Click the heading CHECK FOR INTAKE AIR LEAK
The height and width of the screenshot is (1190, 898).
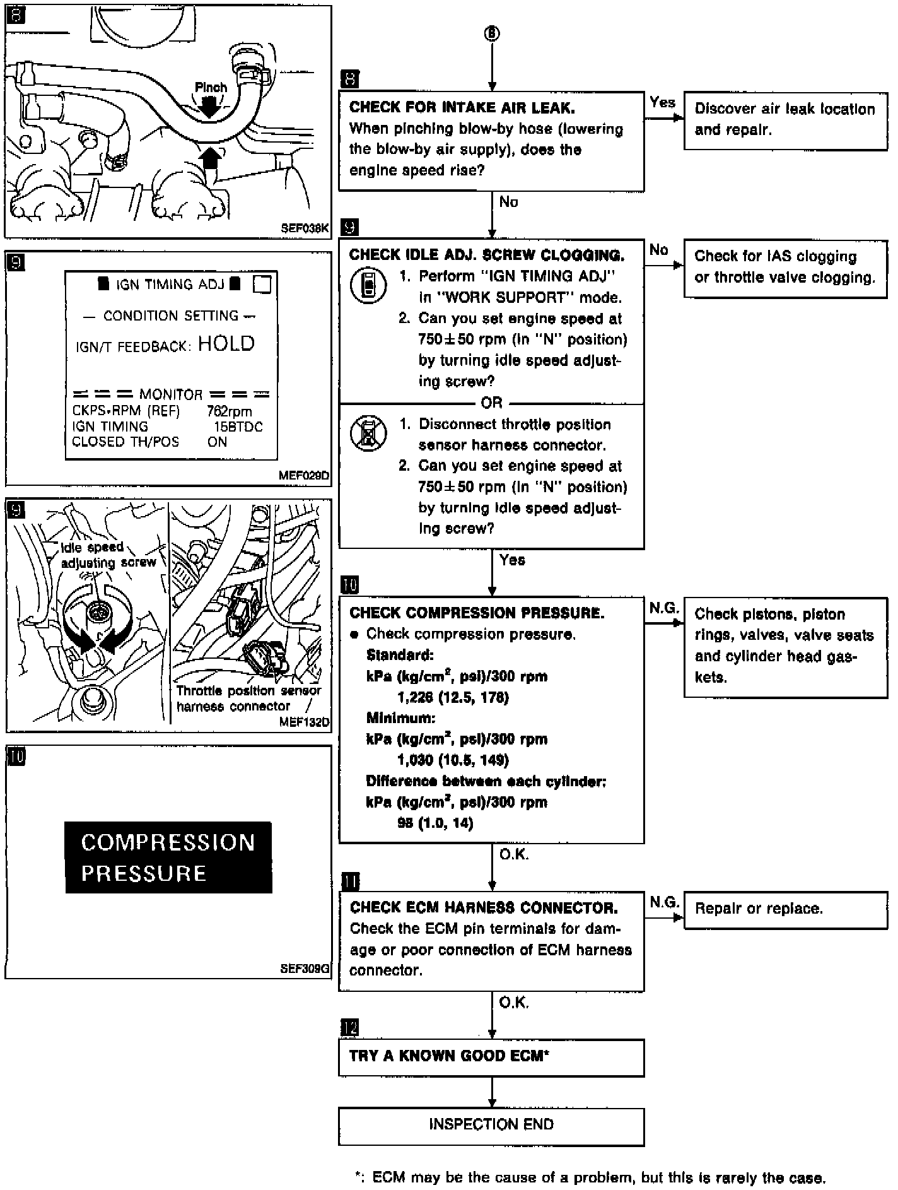[x=462, y=107]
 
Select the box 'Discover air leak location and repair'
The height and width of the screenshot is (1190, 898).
[x=785, y=119]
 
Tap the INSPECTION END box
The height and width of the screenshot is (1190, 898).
[x=491, y=1124]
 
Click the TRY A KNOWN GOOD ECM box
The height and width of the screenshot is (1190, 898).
[x=491, y=1056]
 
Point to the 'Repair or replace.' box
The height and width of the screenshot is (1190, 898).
[x=785, y=909]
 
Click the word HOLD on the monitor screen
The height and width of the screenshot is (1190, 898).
[x=226, y=344]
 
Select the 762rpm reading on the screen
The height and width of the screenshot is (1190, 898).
[x=229, y=411]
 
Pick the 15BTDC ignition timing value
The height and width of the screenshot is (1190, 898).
[x=238, y=427]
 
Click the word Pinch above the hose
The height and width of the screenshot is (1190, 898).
[x=211, y=88]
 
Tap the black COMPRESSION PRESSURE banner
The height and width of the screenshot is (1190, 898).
[x=168, y=857]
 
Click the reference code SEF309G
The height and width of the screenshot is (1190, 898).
[x=305, y=969]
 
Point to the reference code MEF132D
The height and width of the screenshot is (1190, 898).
[x=304, y=722]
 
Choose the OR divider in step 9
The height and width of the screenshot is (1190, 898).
[x=491, y=403]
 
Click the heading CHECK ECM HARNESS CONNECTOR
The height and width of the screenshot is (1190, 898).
[x=484, y=908]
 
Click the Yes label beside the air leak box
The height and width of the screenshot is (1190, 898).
[x=662, y=102]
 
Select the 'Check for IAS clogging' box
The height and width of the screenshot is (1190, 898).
[x=785, y=267]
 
